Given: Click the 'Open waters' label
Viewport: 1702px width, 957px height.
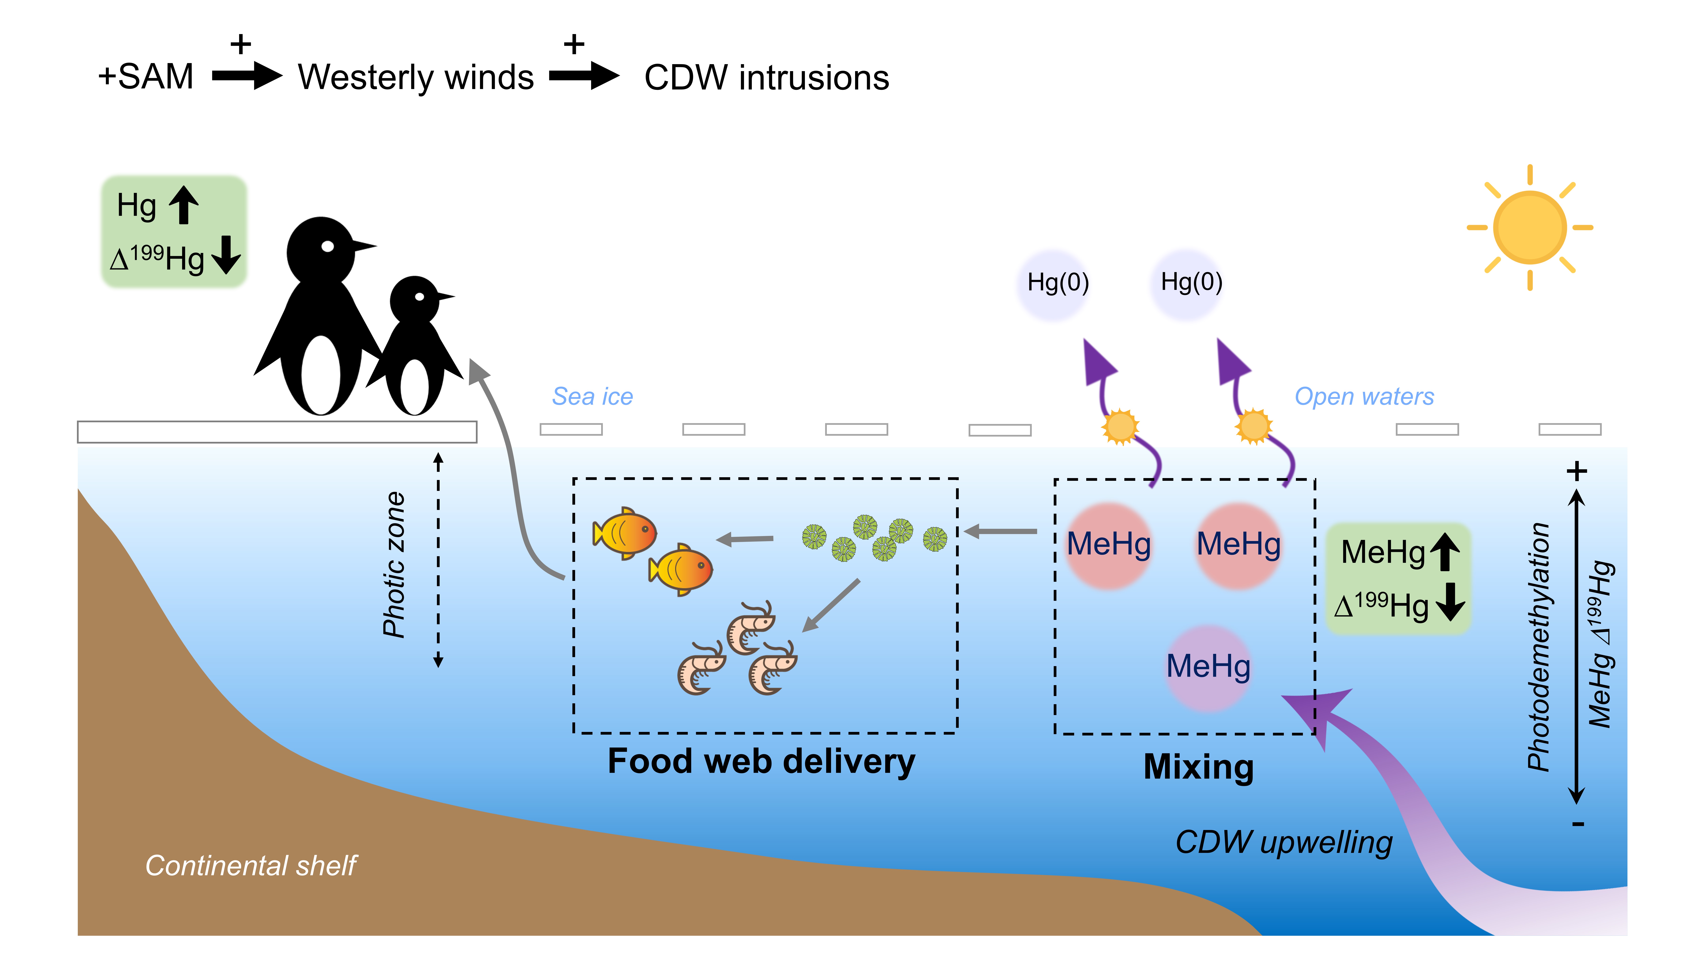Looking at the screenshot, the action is pyautogui.click(x=1364, y=396).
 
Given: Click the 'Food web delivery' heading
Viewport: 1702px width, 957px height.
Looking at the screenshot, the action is pyautogui.click(x=761, y=762).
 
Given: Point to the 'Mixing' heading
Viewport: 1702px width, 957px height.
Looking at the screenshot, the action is pyautogui.click(x=1199, y=767).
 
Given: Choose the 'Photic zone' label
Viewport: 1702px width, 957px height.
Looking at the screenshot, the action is pyautogui.click(x=395, y=565).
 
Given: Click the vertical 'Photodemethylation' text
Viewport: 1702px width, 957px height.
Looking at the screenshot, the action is pyautogui.click(x=1539, y=647).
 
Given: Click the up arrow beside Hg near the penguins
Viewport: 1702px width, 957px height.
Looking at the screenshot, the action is pyautogui.click(x=184, y=205).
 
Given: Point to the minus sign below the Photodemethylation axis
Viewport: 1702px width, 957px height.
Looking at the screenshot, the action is pyautogui.click(x=1578, y=824).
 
